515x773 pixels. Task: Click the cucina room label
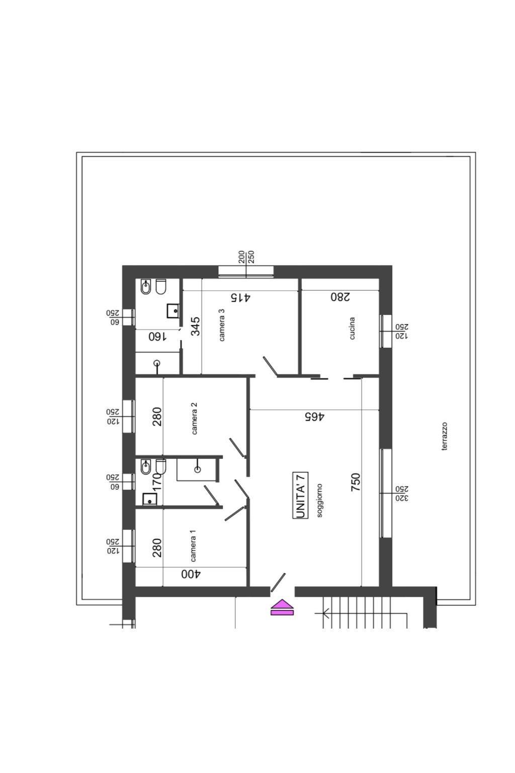(352, 328)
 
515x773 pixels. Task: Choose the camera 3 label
(221, 325)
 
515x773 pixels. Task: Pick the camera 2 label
(194, 418)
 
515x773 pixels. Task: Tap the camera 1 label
(193, 546)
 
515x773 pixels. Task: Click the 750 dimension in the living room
(355, 482)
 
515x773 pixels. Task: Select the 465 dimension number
(314, 417)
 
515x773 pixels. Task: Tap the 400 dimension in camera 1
(191, 574)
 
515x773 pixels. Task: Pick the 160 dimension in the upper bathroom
(157, 337)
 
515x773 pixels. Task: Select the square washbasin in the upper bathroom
(173, 311)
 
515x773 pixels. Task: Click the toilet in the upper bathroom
(160, 287)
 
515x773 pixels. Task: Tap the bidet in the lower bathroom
(145, 468)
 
